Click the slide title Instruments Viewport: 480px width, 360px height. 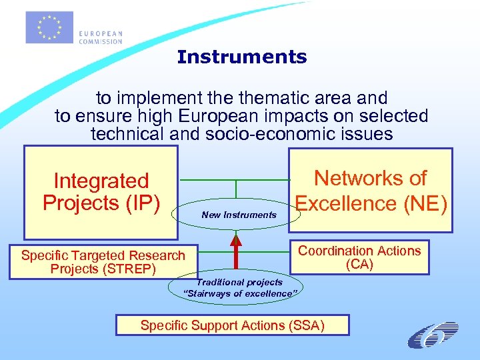tap(242, 57)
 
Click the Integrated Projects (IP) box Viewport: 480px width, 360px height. tap(101, 193)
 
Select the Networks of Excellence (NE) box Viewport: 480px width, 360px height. tap(370, 191)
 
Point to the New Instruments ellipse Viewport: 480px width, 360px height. tap(239, 215)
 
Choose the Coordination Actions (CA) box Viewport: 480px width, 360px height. tap(359, 257)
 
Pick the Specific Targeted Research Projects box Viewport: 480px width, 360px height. tap(103, 262)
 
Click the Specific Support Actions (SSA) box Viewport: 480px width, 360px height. tap(232, 325)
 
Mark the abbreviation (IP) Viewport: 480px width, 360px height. tap(139, 203)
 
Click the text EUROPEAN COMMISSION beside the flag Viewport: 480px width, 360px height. tap(100, 37)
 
